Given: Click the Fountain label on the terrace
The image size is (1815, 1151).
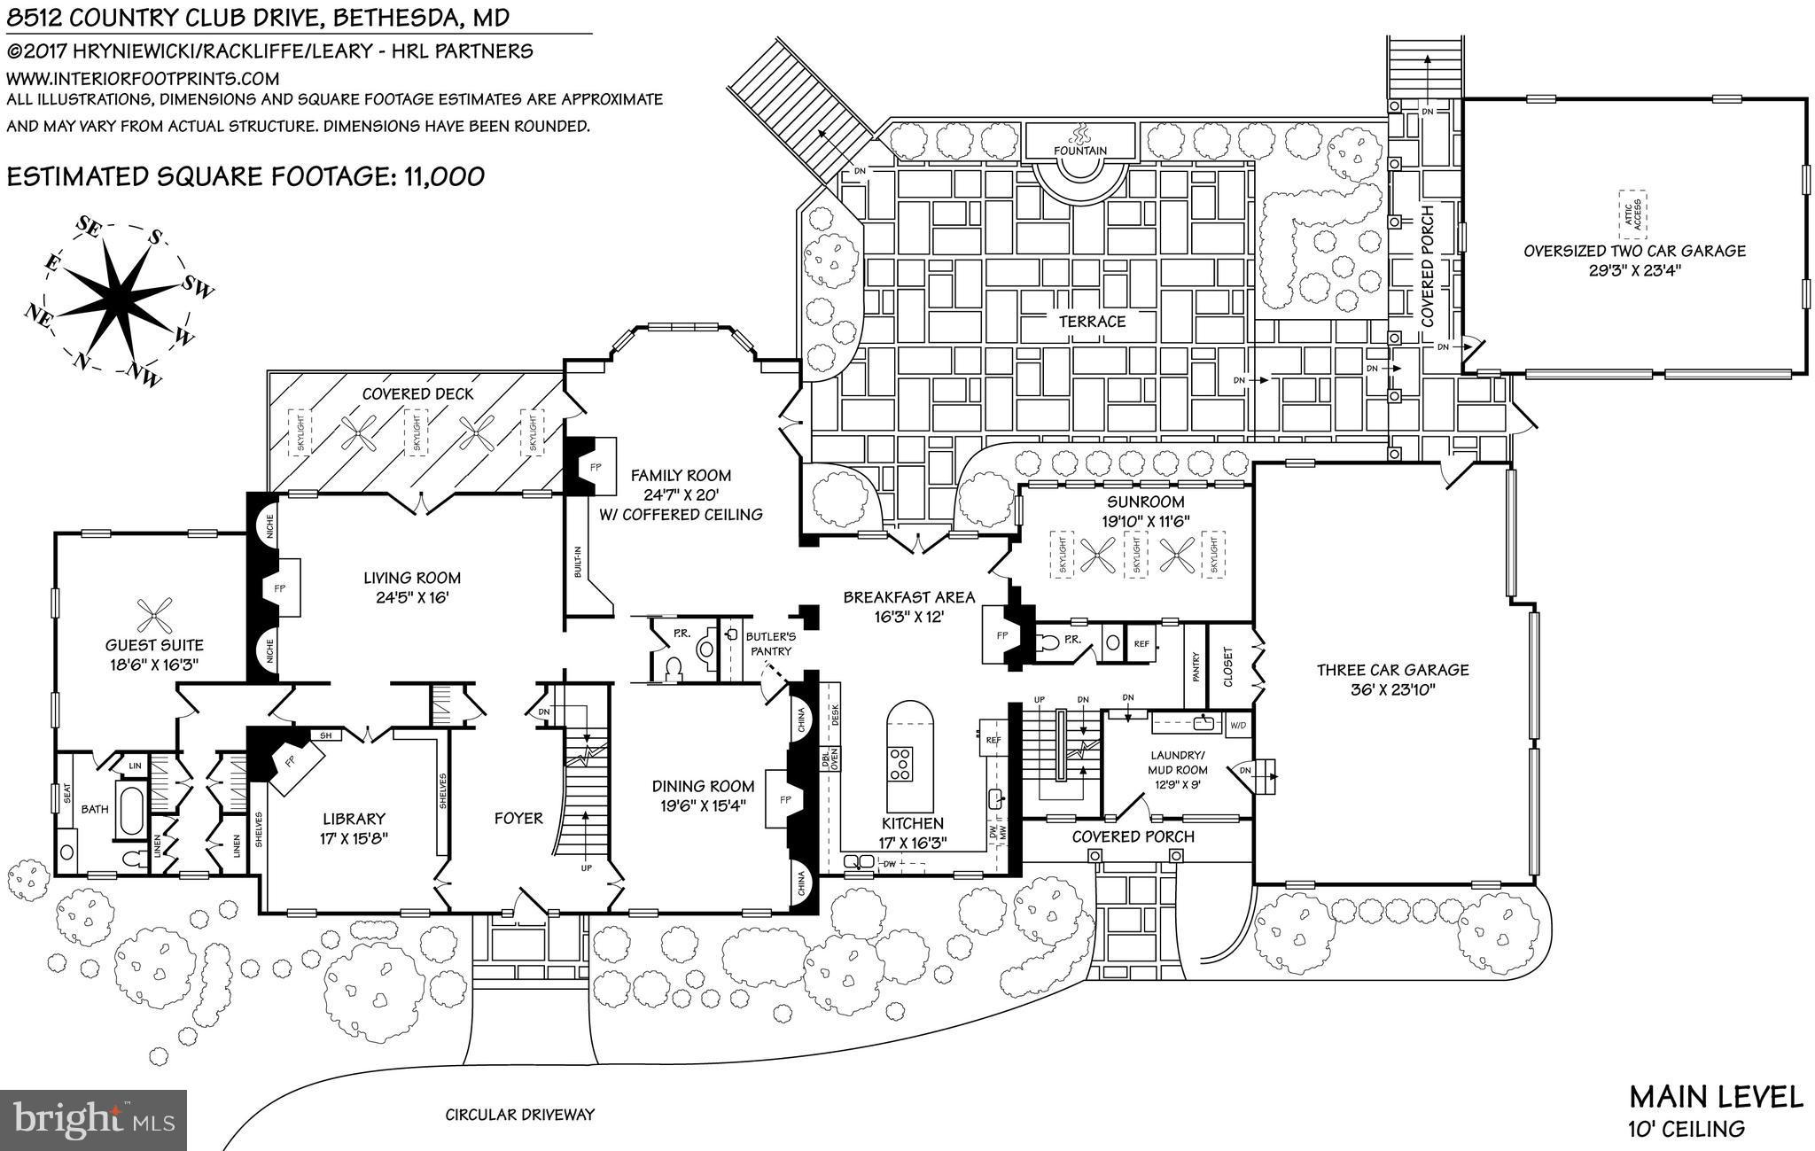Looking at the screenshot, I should tap(1079, 151).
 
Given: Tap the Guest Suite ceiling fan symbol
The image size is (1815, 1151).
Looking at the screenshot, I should tap(155, 613).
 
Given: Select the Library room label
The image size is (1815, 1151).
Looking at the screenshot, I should tap(354, 819).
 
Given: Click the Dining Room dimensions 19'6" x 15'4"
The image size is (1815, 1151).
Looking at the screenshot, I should tap(703, 805).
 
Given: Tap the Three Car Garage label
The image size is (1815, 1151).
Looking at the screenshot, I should tap(1392, 670).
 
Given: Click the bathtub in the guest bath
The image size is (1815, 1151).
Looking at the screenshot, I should tap(130, 807).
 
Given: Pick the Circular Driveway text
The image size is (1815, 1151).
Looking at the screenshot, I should tap(519, 1115).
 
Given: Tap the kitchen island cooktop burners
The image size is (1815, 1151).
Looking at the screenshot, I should tap(900, 764).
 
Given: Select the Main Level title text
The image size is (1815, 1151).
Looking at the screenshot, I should tap(1716, 1096).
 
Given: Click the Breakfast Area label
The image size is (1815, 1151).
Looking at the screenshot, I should tap(908, 596).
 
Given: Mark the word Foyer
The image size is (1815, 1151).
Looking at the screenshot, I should tap(518, 818).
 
